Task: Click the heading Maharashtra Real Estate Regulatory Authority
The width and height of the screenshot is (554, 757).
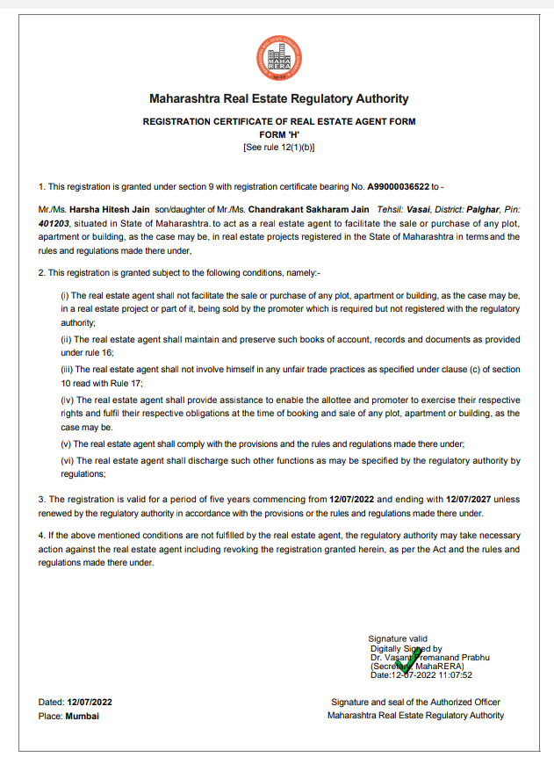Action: coord(279,99)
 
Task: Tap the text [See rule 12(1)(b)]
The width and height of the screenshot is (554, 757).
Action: coord(279,147)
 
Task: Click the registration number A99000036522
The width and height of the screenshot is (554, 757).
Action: coord(398,186)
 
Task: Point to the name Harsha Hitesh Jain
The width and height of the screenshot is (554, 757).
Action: coord(108,211)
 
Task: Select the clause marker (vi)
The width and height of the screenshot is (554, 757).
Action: coord(66,460)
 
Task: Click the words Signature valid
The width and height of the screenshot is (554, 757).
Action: coord(398,638)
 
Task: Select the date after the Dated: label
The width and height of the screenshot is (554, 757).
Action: coord(90,703)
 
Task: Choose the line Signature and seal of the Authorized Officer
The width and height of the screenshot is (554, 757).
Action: coord(415,703)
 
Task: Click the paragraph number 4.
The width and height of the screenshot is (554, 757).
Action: coord(40,536)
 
